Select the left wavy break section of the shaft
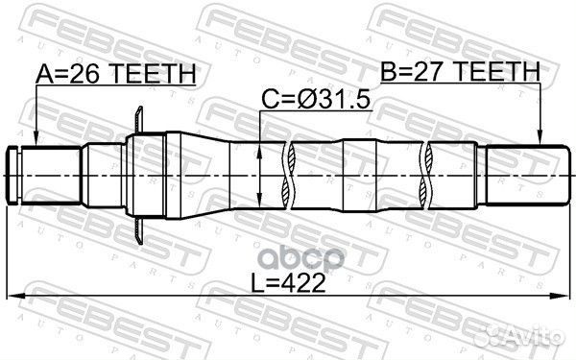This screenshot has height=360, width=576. point(286,173)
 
